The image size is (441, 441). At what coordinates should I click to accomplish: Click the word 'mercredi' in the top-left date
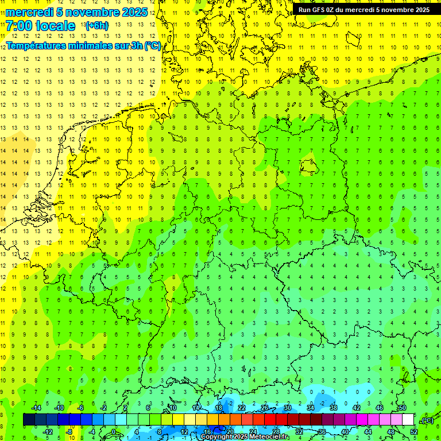click(x=29, y=12)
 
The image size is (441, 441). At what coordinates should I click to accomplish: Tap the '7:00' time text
click(x=19, y=26)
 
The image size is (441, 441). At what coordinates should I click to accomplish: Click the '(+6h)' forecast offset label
click(x=96, y=25)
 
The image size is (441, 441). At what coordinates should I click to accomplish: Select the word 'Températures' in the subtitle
click(x=36, y=45)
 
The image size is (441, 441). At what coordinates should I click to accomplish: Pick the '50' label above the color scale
click(x=402, y=408)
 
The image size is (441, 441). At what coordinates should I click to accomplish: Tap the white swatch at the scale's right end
click(x=408, y=420)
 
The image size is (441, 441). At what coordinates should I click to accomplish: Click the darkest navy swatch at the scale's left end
click(x=29, y=420)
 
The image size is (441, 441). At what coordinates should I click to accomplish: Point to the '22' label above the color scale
click(x=242, y=408)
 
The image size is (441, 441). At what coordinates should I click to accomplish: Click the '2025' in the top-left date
click(x=131, y=12)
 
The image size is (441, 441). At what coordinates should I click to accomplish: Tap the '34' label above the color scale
click(x=311, y=408)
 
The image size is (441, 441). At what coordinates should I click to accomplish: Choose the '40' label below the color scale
click(x=345, y=432)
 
